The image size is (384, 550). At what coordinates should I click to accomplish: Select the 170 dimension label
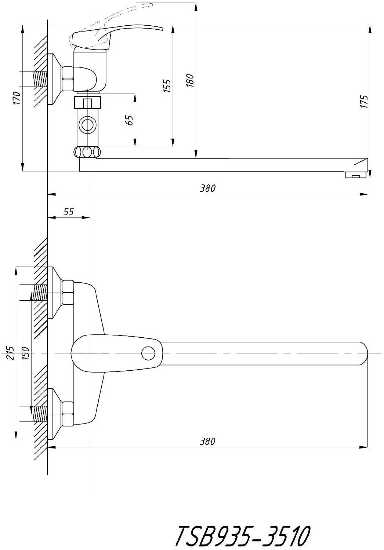(17, 98)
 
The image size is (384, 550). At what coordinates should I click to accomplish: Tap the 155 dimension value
(167, 86)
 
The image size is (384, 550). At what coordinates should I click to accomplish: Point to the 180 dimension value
(191, 80)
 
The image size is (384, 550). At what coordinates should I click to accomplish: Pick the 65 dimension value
(130, 120)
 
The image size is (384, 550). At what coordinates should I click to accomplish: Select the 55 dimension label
(69, 212)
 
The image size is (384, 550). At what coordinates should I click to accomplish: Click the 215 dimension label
(10, 353)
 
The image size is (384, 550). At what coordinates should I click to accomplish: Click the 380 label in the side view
(207, 188)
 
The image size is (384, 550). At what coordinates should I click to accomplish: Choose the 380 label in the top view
(207, 441)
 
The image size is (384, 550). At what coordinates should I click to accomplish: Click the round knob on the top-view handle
(148, 353)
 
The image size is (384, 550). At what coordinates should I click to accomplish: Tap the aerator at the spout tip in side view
(356, 175)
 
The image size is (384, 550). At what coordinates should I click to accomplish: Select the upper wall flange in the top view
(55, 293)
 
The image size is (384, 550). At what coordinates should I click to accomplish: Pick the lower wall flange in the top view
(55, 414)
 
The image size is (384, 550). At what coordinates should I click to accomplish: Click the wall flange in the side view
(55, 79)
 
